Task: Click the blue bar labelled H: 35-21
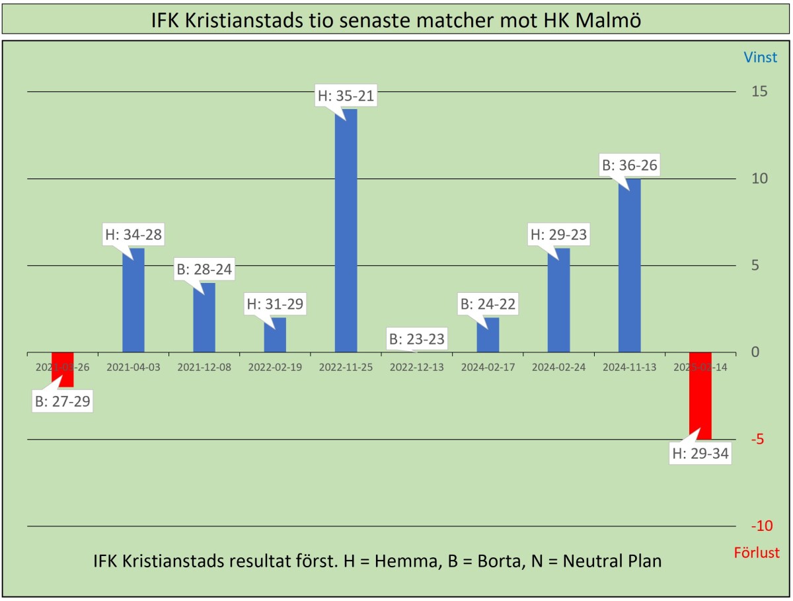click(x=346, y=231)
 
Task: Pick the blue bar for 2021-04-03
click(x=133, y=301)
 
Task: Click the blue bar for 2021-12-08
click(x=204, y=318)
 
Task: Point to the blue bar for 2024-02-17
click(x=488, y=335)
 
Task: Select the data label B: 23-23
click(x=417, y=339)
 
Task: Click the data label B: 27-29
click(x=62, y=401)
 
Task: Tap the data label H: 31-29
click(x=276, y=304)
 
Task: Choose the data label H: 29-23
click(x=558, y=234)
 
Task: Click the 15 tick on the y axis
click(x=759, y=91)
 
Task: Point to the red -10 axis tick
click(x=761, y=526)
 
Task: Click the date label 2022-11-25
click(x=346, y=368)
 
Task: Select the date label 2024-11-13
click(x=629, y=368)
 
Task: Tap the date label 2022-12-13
click(x=417, y=368)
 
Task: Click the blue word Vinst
click(x=761, y=58)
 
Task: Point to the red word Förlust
click(x=757, y=553)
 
